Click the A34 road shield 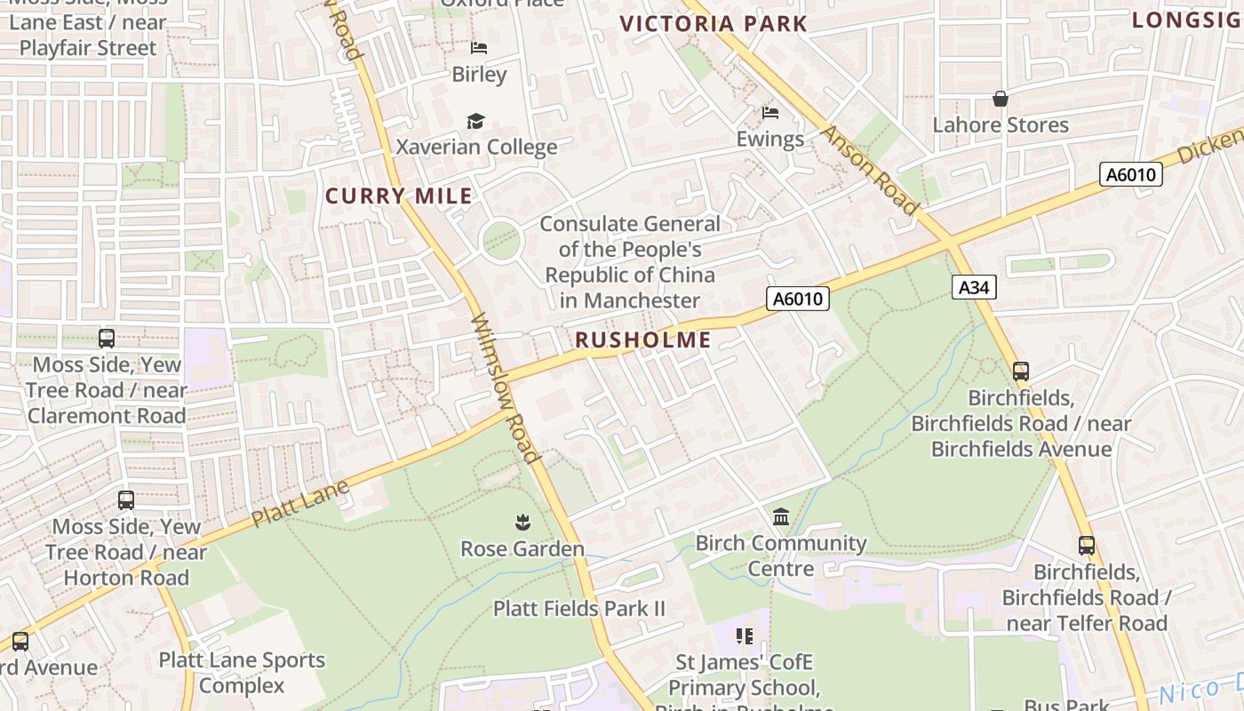[x=974, y=287]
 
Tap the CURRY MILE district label [x=399, y=196]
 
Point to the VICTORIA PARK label [x=714, y=24]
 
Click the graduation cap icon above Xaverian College [x=476, y=121]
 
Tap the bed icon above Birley [x=479, y=48]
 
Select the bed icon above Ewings [x=770, y=113]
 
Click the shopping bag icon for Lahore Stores [x=1001, y=99]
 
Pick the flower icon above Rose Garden [x=522, y=522]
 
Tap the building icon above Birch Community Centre [x=781, y=516]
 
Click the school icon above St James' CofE [x=745, y=636]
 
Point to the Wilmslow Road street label [x=505, y=388]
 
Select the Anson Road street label [x=869, y=170]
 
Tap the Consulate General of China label [x=630, y=262]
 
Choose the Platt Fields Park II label [x=579, y=609]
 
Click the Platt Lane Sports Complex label [x=242, y=673]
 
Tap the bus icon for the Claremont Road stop [x=107, y=339]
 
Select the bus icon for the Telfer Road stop [x=1086, y=546]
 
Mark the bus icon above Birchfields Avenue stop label [x=1021, y=371]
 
